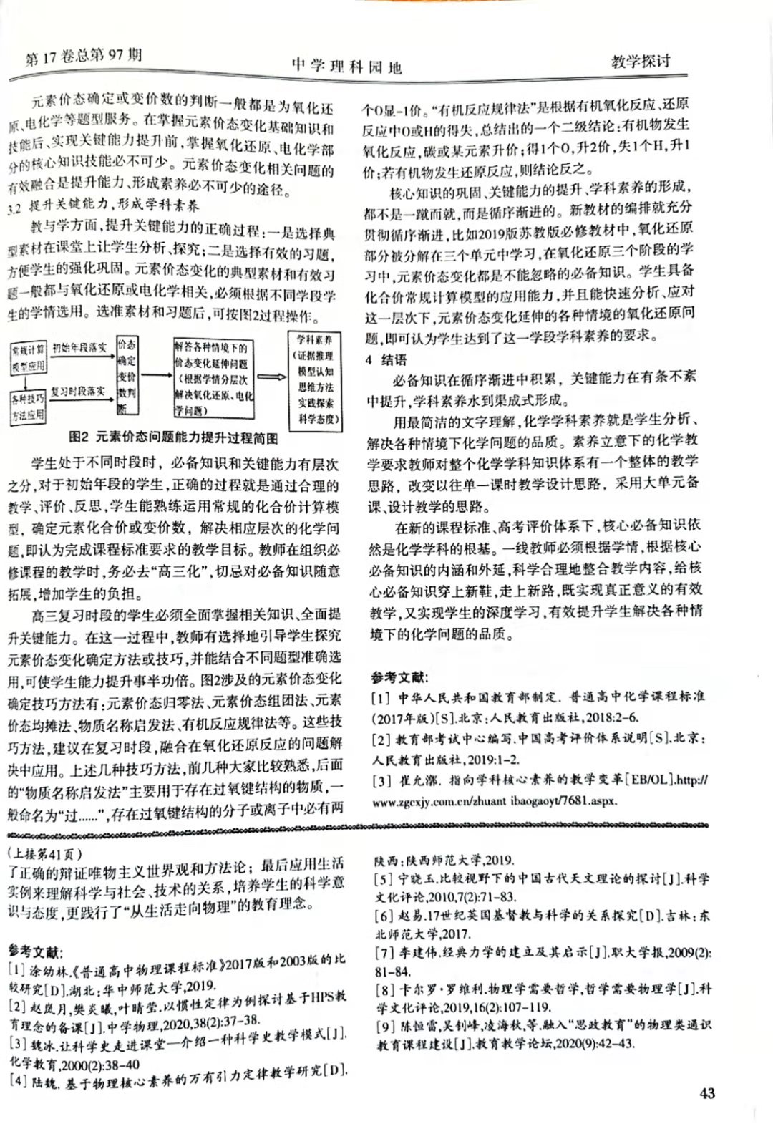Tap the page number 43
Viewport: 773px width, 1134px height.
click(706, 1093)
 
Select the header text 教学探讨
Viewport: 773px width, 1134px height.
click(641, 61)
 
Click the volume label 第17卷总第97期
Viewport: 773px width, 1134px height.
click(83, 57)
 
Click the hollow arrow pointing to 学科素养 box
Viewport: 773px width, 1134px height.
click(271, 377)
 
